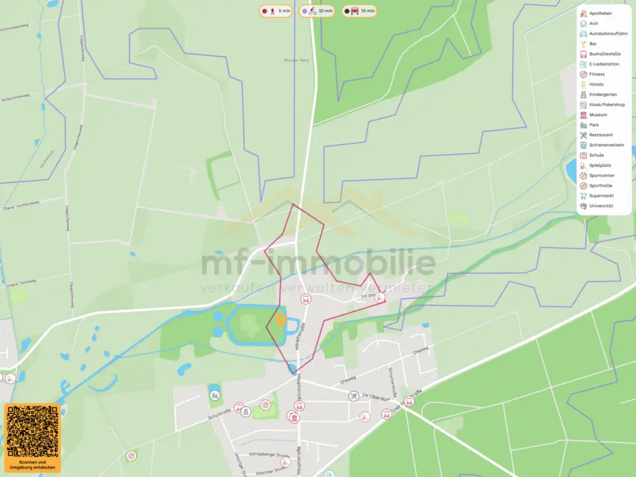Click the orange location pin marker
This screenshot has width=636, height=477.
[x=281, y=320]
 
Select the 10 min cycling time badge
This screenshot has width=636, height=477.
[x=316, y=11]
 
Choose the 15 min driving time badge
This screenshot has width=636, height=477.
[x=359, y=11]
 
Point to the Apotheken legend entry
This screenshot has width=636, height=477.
[x=600, y=13]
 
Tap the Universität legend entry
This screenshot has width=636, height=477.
[x=600, y=206]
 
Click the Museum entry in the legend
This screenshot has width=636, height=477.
[x=597, y=115]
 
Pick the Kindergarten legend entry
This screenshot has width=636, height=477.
[x=602, y=94]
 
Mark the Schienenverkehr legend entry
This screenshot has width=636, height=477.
[x=606, y=145]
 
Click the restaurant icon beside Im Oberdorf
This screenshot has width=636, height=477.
[x=353, y=396]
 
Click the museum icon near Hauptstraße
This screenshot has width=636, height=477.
[x=294, y=417]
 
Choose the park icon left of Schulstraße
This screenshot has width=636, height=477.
[x=214, y=393]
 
